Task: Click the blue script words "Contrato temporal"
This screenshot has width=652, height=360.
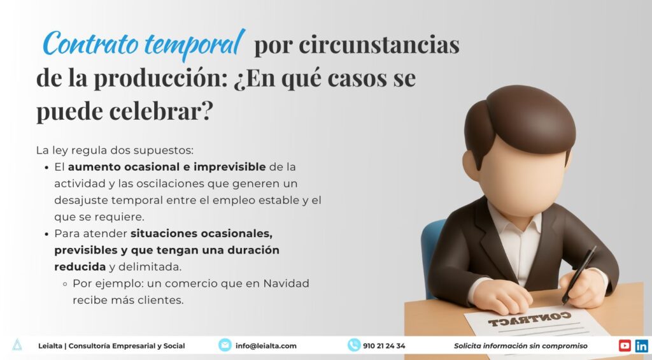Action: pyautogui.click(x=144, y=45)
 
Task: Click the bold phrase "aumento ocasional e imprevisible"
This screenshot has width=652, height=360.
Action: pyautogui.click(x=167, y=167)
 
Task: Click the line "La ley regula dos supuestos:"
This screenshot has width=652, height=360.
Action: pyautogui.click(x=115, y=151)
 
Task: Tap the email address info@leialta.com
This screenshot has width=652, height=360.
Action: pyautogui.click(x=266, y=346)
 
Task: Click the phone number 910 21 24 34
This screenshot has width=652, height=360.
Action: pyautogui.click(x=384, y=346)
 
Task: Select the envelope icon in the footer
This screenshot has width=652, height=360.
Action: pyautogui.click(x=225, y=345)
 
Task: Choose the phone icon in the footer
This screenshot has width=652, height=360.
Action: pyautogui.click(x=354, y=345)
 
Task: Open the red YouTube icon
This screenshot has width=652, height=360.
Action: pyautogui.click(x=625, y=345)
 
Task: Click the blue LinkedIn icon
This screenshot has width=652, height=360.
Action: pyautogui.click(x=641, y=345)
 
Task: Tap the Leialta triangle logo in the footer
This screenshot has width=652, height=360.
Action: pyautogui.click(x=17, y=345)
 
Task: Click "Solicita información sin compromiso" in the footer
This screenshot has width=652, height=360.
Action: pyautogui.click(x=520, y=346)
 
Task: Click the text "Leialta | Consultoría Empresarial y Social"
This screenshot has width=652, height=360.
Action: pyautogui.click(x=111, y=346)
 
